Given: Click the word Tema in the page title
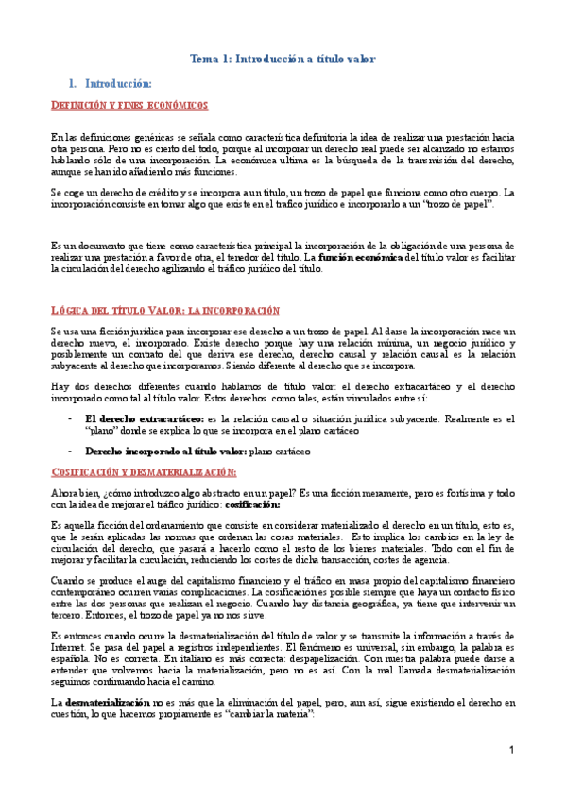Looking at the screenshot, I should click(205, 59).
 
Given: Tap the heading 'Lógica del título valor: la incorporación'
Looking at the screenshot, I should click(165, 310).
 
